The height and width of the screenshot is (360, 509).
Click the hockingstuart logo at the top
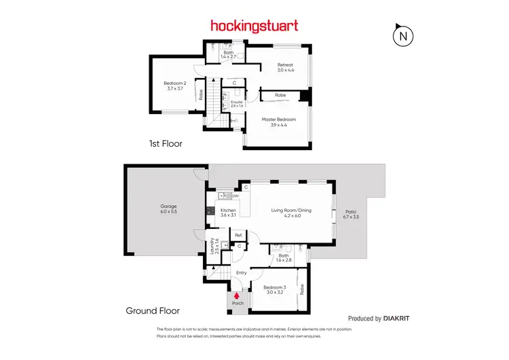(x=254, y=26)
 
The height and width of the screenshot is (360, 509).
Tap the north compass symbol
(x=404, y=35)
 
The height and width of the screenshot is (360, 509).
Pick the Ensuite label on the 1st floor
(x=237, y=104)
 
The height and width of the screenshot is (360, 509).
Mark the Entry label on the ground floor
(x=241, y=273)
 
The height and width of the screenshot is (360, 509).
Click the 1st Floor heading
(x=166, y=144)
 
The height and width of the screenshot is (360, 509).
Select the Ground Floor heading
(x=153, y=311)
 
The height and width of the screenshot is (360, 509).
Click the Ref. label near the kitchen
(x=238, y=236)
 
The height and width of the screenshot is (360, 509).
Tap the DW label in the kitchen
(x=235, y=197)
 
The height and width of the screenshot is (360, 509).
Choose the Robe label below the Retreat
(x=280, y=96)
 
